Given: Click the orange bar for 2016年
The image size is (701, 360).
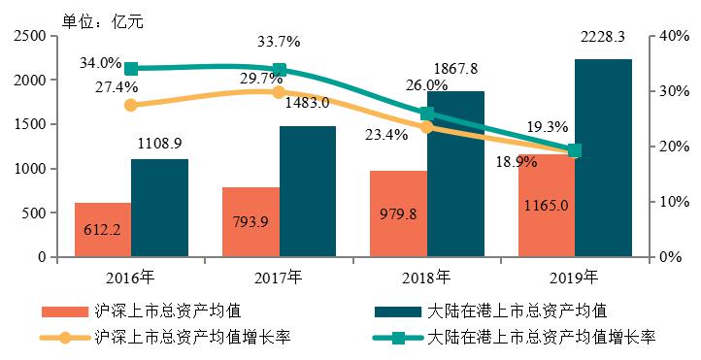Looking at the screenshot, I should (103, 230).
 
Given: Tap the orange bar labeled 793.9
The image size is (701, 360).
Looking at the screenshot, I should (250, 222).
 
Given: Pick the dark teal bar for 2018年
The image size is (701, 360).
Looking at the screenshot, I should (455, 175).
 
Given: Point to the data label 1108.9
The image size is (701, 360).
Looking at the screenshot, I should (160, 143).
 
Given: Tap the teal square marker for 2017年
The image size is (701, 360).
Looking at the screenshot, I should (280, 70).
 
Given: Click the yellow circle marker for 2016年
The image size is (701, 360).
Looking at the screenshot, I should (132, 105).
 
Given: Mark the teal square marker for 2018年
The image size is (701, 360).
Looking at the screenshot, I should (427, 114).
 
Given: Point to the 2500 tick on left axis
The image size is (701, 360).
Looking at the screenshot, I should (31, 36).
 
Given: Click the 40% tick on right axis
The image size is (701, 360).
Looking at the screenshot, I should (673, 36).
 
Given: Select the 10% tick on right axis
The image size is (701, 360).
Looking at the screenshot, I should (673, 202).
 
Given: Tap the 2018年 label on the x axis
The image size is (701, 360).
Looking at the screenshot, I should (426, 277).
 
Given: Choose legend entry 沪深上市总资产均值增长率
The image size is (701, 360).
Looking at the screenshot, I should (194, 338).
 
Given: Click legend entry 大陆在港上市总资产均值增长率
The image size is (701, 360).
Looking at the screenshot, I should (543, 338).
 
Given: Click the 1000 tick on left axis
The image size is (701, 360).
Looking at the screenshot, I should (31, 169).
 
